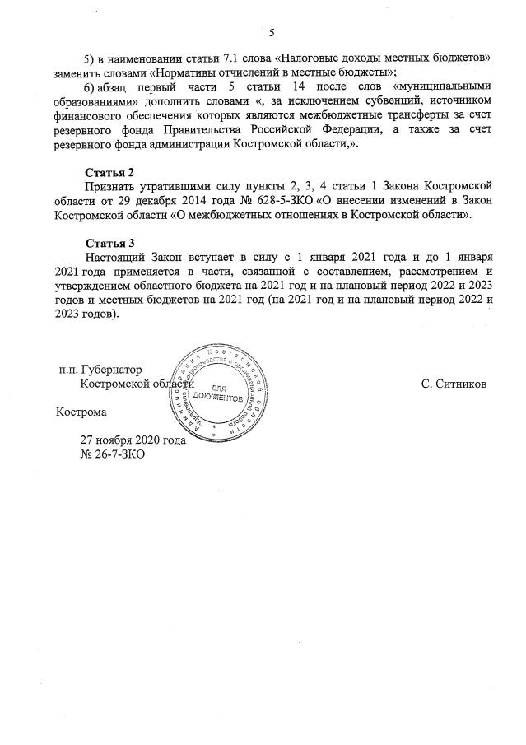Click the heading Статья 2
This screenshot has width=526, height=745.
point(110,172)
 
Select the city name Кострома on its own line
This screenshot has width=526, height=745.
point(81,411)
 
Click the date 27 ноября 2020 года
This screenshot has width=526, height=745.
point(132,440)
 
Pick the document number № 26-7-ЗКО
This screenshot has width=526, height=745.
point(111,454)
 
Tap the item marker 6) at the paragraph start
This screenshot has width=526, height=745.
point(93,87)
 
